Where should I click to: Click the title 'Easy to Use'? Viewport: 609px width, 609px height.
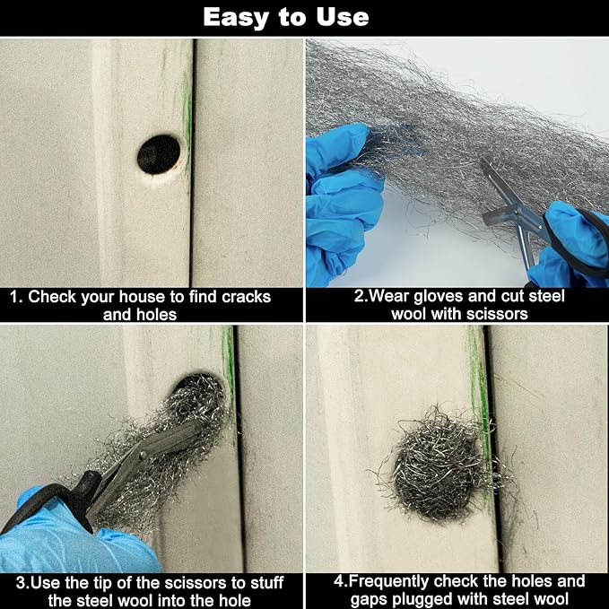[x=285, y=17]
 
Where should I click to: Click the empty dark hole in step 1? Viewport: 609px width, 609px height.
[x=159, y=154]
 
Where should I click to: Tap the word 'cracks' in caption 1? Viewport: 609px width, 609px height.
[x=240, y=296]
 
